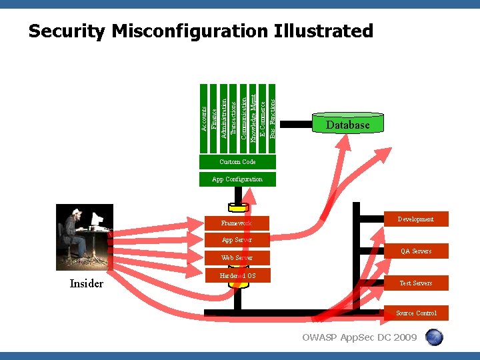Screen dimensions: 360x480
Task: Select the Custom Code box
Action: click(237, 162)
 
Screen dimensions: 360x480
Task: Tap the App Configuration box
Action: click(237, 179)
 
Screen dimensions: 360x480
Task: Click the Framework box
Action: click(237, 223)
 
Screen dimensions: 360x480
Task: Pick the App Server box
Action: click(237, 240)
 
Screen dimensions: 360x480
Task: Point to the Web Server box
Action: click(237, 257)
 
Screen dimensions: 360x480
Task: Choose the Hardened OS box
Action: click(237, 275)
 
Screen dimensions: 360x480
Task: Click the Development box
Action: click(415, 219)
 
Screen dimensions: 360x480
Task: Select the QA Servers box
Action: click(415, 251)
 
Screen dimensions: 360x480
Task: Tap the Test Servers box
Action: click(415, 283)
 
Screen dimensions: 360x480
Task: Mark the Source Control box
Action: click(416, 313)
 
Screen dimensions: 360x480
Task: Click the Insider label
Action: click(87, 284)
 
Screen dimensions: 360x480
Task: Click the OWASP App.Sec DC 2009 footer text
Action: click(359, 337)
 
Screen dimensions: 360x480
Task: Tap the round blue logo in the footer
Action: click(434, 337)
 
